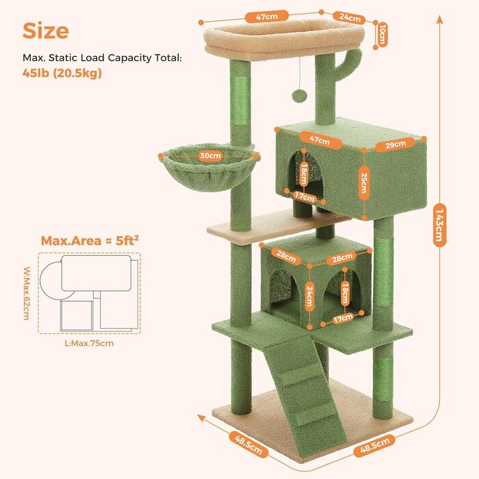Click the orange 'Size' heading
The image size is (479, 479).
(46, 31)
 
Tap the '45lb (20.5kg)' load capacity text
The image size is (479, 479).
(62, 73)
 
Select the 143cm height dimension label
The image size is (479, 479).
(439, 224)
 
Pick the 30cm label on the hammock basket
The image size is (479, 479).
(210, 155)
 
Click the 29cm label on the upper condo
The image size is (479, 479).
(396, 144)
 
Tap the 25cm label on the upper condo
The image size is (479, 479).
(363, 183)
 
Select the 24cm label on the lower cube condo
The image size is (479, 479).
(310, 296)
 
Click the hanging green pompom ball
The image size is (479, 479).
(298, 95)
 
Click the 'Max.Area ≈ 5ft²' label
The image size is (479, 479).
(90, 240)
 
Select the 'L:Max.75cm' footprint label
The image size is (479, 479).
(89, 343)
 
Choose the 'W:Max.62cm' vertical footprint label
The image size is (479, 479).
(27, 294)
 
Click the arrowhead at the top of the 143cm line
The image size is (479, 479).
(439, 19)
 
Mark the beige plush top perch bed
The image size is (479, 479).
(284, 40)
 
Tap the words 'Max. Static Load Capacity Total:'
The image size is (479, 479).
(102, 57)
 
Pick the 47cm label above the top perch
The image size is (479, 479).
(267, 16)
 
